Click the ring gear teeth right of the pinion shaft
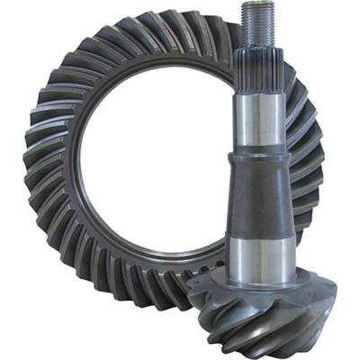(310, 162)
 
